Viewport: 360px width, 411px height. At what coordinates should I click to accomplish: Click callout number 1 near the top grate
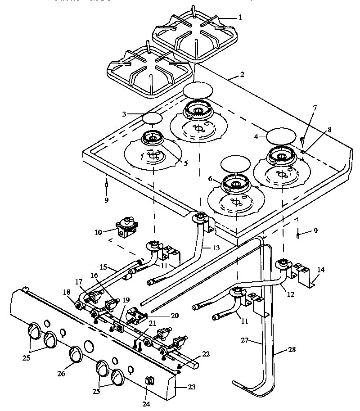click(x=240, y=18)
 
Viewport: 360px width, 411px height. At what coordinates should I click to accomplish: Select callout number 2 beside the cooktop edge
click(x=242, y=75)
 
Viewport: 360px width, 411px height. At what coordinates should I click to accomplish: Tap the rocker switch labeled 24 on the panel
click(x=149, y=382)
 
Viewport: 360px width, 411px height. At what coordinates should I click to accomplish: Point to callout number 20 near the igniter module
click(x=175, y=316)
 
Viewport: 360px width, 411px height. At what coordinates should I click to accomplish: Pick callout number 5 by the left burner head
click(x=185, y=163)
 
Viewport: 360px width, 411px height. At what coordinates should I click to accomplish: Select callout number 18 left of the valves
click(x=67, y=293)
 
